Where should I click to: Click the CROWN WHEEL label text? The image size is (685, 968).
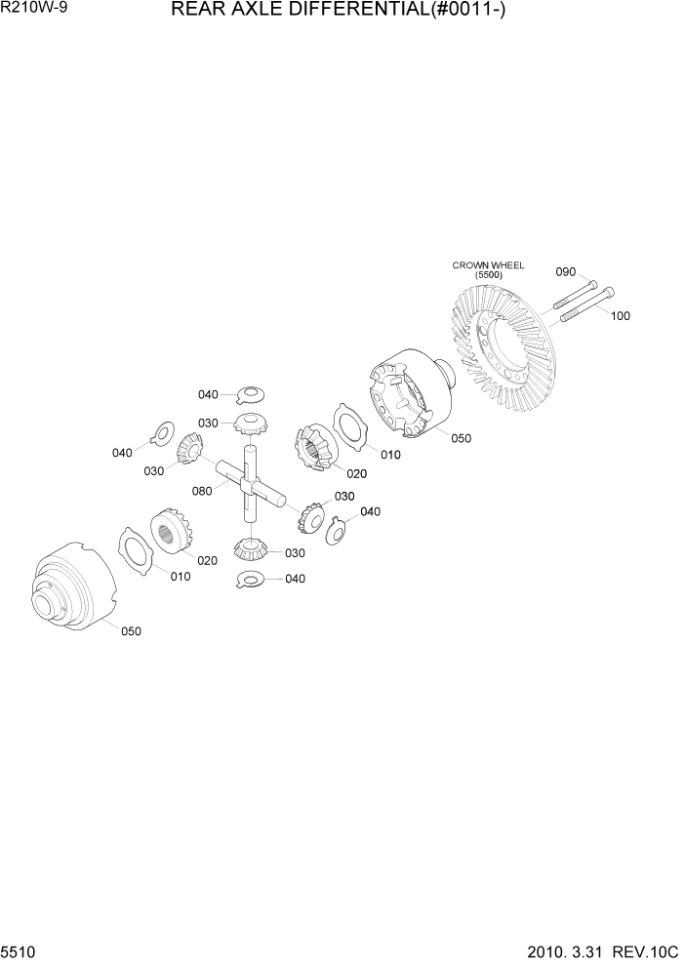click(488, 264)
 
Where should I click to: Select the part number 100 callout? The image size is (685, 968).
click(621, 316)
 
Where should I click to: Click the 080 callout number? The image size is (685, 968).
click(203, 492)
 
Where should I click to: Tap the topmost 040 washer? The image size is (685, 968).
click(251, 394)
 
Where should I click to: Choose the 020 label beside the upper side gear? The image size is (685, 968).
click(355, 474)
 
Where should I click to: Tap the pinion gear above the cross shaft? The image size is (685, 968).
click(251, 423)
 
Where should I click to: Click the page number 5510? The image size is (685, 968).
click(19, 951)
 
